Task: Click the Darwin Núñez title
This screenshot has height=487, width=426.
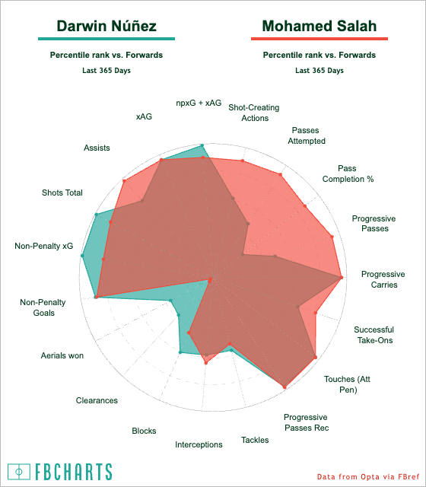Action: click(106, 26)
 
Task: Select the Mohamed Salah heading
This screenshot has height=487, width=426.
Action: click(319, 26)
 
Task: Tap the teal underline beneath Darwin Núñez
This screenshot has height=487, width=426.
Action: click(106, 39)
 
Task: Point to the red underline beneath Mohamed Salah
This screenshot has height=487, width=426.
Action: click(319, 39)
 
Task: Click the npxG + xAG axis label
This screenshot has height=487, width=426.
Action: click(199, 103)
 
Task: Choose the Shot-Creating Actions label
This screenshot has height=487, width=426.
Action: click(254, 113)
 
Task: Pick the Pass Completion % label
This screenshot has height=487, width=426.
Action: click(348, 173)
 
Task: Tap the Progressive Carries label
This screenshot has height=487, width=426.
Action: click(383, 279)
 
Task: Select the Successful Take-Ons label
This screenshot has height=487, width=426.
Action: click(374, 335)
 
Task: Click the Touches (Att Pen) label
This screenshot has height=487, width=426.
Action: click(348, 384)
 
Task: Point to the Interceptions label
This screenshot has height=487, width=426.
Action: click(199, 444)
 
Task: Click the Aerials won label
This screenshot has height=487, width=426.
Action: click(62, 355)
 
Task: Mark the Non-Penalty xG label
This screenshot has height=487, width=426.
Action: click(44, 246)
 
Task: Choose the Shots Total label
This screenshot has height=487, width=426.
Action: click(62, 193)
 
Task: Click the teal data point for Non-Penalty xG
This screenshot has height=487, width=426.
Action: click(82, 256)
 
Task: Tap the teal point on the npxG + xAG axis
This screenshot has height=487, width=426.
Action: click(202, 145)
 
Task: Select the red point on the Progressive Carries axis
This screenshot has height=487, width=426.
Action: click(342, 277)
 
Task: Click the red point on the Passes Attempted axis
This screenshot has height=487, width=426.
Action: click(281, 175)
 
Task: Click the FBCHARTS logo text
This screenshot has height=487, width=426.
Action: click(73, 472)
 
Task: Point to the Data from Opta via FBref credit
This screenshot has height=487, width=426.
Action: click(368, 477)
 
